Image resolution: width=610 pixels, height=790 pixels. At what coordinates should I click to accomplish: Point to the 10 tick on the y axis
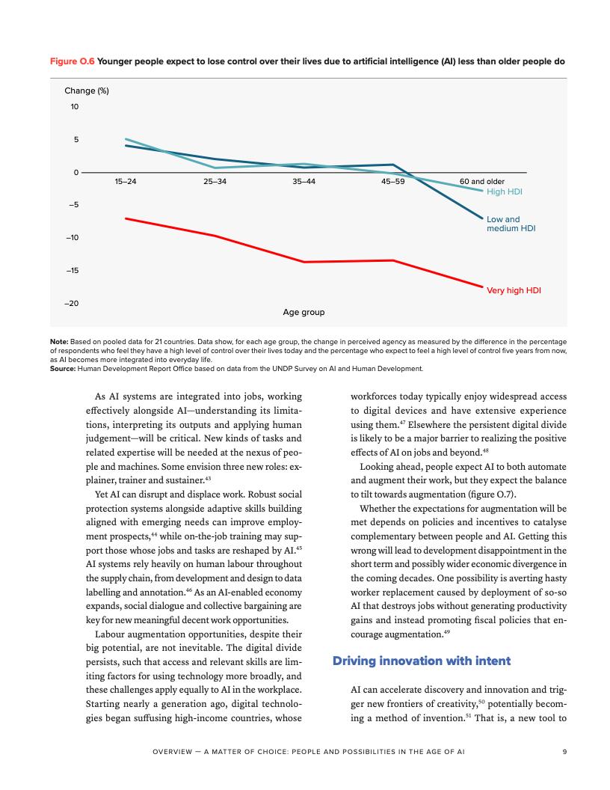[x=75, y=106]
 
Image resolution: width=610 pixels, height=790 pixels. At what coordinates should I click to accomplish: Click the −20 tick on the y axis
[x=71, y=303]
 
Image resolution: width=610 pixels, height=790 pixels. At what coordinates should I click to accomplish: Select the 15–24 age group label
[x=126, y=182]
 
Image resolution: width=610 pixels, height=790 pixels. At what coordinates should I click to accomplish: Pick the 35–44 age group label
[x=303, y=182]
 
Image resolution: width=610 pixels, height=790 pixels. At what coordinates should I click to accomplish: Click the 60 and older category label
[x=481, y=182]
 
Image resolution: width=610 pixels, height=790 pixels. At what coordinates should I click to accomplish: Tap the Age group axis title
[x=304, y=312]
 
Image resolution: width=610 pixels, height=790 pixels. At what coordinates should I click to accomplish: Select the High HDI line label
[x=504, y=192]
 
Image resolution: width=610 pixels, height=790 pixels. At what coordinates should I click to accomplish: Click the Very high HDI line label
[x=514, y=290]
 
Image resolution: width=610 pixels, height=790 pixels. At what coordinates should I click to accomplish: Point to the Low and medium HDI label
[x=511, y=224]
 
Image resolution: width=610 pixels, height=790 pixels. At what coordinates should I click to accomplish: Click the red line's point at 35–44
[x=304, y=262]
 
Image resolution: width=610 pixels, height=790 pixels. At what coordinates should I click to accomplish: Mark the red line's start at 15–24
[x=126, y=218]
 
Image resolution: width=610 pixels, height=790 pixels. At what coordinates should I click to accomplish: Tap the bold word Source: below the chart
[x=62, y=368]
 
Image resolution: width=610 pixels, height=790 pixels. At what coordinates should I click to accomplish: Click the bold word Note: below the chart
[x=59, y=343]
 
